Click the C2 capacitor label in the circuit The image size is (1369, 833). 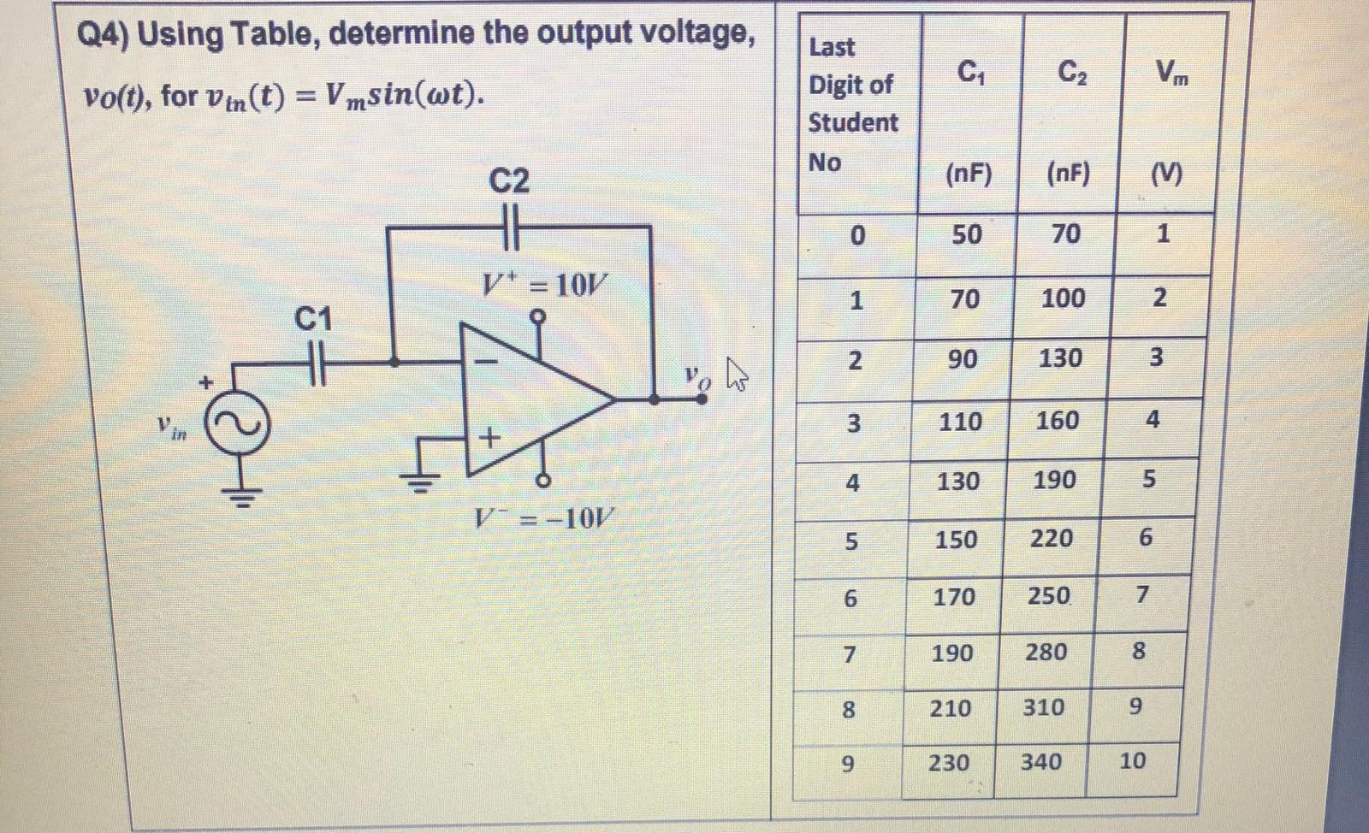point(509,181)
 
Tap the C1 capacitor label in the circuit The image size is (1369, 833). point(313,319)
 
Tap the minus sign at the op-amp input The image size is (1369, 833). point(486,363)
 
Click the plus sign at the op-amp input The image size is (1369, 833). point(489,438)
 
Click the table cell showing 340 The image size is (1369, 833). point(1041,761)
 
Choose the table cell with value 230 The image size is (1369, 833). point(950,762)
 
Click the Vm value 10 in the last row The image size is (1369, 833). point(1132,760)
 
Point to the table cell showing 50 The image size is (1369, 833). point(967,234)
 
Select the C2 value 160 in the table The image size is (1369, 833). point(1058,420)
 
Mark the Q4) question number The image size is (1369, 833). point(103,35)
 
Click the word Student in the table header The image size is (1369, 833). point(853,123)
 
